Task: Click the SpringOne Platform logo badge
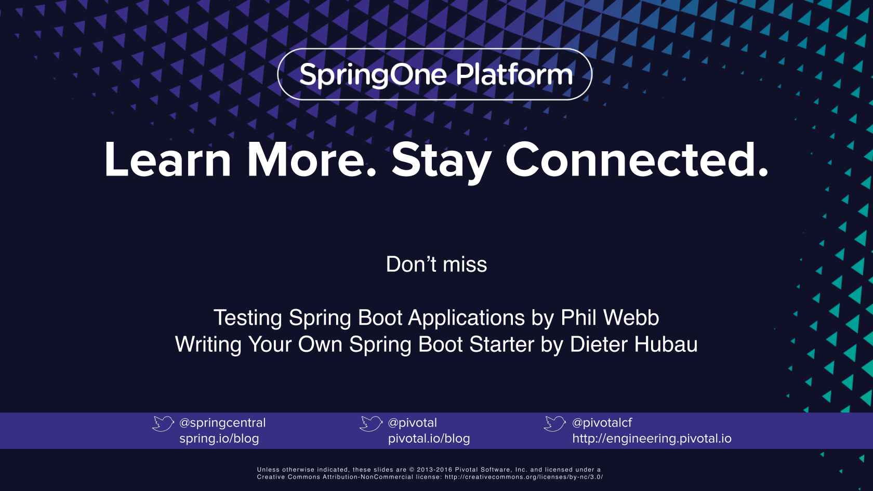pyautogui.click(x=435, y=74)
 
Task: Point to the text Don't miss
pyautogui.click(x=437, y=264)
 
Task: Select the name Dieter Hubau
pyautogui.click(x=633, y=344)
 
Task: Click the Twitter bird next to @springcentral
pyautogui.click(x=163, y=423)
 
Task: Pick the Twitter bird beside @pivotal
pyautogui.click(x=371, y=423)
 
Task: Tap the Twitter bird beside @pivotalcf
pyautogui.click(x=554, y=423)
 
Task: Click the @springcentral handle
pyautogui.click(x=222, y=423)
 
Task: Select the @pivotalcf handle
pyautogui.click(x=602, y=423)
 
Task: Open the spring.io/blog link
pyautogui.click(x=219, y=439)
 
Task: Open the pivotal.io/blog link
pyautogui.click(x=429, y=439)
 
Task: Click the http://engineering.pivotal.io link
pyautogui.click(x=652, y=439)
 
